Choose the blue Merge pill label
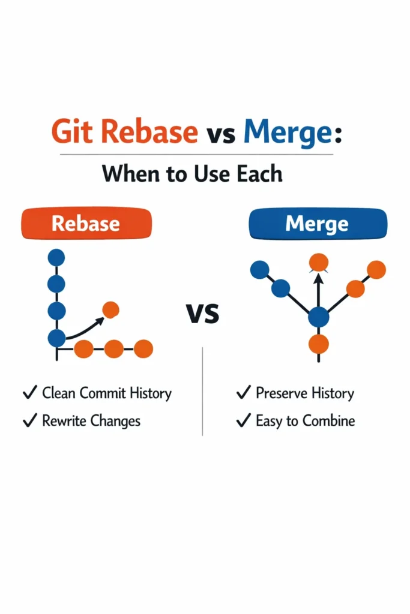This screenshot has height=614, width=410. pos(317,224)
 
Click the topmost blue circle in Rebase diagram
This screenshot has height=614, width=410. pos(56,258)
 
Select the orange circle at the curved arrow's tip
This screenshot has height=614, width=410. pos(110,309)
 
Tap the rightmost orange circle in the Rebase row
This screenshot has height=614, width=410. pos(143,348)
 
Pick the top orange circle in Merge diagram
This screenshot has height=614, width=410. pos(318,261)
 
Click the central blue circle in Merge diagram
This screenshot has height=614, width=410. pos(318,317)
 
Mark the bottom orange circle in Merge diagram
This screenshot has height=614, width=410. pos(318,344)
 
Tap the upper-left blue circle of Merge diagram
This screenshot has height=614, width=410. pos(259,270)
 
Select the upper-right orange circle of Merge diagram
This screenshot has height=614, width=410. pos(376,270)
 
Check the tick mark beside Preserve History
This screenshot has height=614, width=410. pos(243,393)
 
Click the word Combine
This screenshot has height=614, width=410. pos(328,421)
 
